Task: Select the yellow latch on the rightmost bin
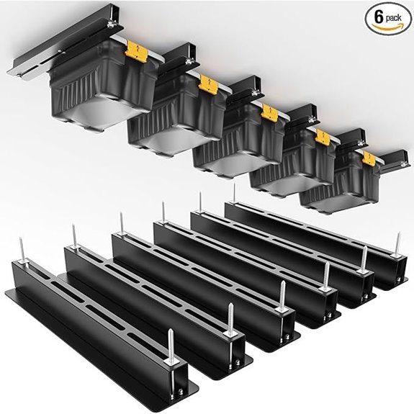(369, 158)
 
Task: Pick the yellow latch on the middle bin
(270, 112)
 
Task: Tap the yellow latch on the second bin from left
(210, 83)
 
